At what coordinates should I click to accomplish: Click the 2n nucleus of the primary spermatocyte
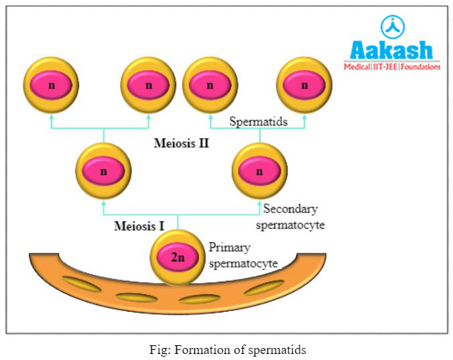coord(177,256)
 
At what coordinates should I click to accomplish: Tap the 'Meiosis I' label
coord(139,226)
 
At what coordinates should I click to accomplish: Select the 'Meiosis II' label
coord(182,143)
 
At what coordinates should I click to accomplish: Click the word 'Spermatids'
coord(258,121)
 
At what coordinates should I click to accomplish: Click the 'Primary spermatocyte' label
coord(243,255)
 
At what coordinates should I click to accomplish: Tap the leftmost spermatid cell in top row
coord(50,85)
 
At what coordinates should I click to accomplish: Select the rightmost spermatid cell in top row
coord(304,85)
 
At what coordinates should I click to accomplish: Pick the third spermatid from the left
coord(210,85)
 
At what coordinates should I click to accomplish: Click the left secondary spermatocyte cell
coord(104,171)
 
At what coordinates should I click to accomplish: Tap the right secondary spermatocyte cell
coord(259,171)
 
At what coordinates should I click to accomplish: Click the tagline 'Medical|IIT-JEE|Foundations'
coord(392,67)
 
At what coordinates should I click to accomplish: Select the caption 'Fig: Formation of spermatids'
coord(226,349)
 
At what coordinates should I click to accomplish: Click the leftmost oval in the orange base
coord(81,284)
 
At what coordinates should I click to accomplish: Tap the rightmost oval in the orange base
coord(264,287)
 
